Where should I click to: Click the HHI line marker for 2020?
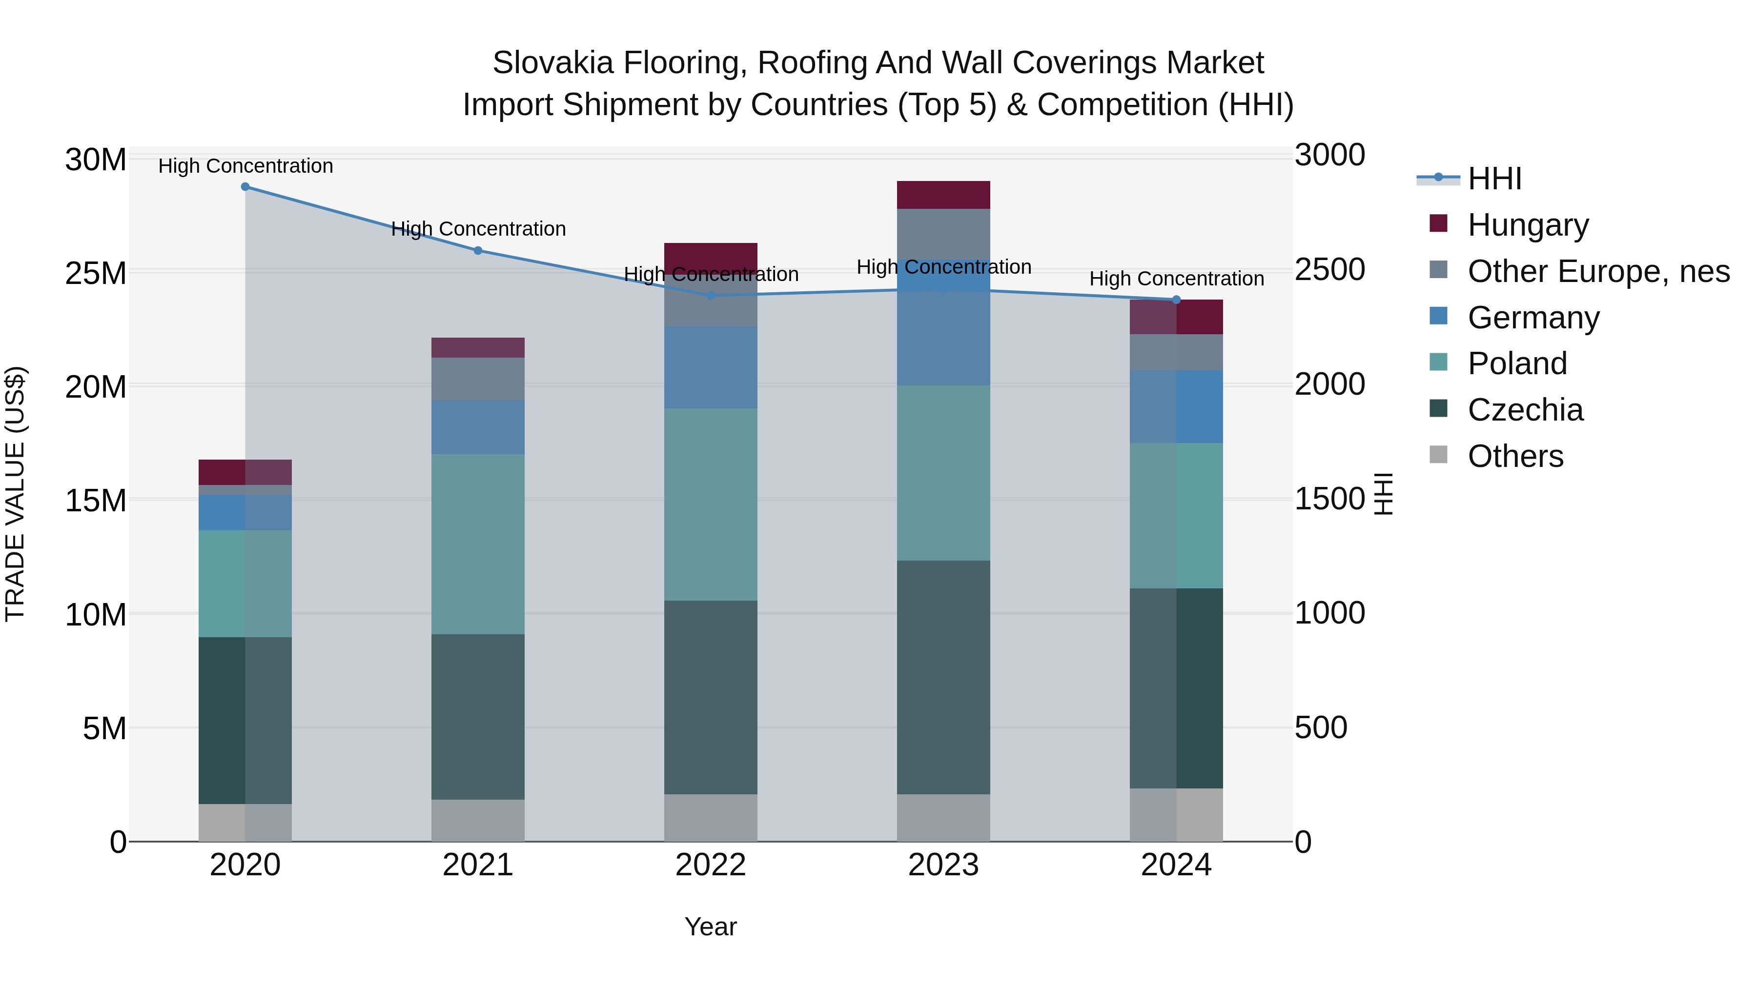point(245,187)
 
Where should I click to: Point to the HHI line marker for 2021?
point(478,250)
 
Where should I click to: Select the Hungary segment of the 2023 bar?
point(943,195)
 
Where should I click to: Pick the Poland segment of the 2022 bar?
point(711,504)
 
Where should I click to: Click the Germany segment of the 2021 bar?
point(478,427)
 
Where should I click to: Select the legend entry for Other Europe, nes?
point(1598,271)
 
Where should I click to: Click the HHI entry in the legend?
point(1494,179)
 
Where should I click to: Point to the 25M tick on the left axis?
point(96,273)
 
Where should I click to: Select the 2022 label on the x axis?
point(711,865)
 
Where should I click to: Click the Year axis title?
point(711,927)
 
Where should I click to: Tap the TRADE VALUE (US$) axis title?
point(15,494)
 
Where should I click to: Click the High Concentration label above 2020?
point(245,166)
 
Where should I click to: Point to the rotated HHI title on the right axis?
point(1383,494)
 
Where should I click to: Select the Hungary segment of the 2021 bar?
point(478,348)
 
